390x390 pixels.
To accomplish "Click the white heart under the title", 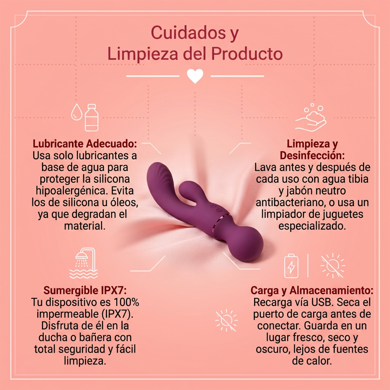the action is tap(195, 76).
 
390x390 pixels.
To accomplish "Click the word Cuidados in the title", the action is tap(188, 33).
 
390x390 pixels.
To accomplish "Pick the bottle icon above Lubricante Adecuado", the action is tap(92, 118).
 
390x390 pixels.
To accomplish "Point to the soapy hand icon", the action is tap(311, 117).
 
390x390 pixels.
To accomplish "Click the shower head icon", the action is tap(84, 263).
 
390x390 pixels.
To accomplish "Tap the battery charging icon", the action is tap(291, 266).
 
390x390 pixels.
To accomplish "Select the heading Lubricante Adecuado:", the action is tap(85, 144).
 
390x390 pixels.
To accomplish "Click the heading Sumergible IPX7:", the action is tap(85, 291).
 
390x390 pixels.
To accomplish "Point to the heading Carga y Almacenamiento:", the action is tap(312, 291).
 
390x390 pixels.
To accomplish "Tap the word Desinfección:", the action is tap(312, 156).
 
